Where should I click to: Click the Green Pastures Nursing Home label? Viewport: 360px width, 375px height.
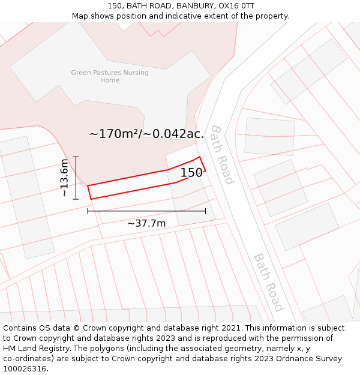point(110,76)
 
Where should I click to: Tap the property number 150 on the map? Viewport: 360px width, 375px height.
point(191,173)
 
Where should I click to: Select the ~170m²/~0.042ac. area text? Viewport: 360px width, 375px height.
point(146,134)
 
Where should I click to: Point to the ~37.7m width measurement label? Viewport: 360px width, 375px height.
point(146,223)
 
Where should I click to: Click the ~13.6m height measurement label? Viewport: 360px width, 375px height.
point(65,178)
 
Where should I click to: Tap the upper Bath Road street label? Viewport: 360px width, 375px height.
point(221,154)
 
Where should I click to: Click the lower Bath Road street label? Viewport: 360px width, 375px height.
point(268,282)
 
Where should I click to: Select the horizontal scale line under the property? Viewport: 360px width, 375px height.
point(146,211)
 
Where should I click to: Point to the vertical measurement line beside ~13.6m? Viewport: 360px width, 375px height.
point(76,178)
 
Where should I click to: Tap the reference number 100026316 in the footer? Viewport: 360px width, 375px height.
point(24,369)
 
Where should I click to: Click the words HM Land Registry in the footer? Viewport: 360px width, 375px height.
point(32,349)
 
